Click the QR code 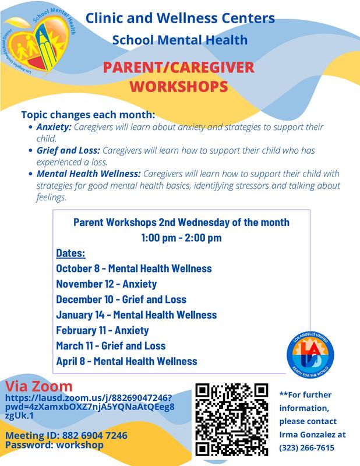tap(231, 419)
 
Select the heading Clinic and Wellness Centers tap(180, 19)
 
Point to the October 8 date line tap(133, 269)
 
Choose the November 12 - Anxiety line tap(107, 284)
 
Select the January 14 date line tap(136, 315)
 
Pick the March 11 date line tap(111, 345)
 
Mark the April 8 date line tap(126, 361)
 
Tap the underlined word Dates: tap(71, 253)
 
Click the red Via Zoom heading tap(39, 386)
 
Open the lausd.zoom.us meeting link tap(89, 407)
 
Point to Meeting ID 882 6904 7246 tap(66, 436)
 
